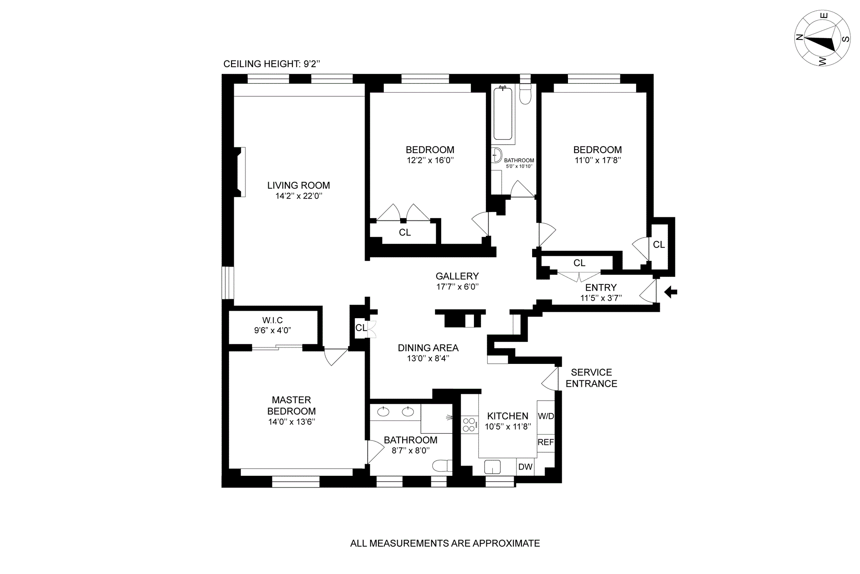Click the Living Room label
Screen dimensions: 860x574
(x=298, y=186)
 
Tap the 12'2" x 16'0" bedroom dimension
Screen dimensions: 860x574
(x=430, y=160)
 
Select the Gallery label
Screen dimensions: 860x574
(x=457, y=276)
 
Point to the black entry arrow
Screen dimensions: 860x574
(x=671, y=293)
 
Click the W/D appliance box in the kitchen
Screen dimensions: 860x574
(x=546, y=416)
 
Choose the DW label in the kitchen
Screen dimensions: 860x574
(x=525, y=467)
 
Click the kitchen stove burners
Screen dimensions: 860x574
(x=469, y=425)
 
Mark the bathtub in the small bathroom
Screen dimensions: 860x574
(x=503, y=114)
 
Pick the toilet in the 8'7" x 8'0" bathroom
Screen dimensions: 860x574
(x=442, y=466)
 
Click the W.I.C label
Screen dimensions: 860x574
(x=272, y=320)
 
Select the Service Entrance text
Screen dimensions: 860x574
(x=592, y=378)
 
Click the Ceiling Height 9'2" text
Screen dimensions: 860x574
(x=272, y=64)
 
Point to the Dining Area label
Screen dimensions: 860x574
(x=428, y=348)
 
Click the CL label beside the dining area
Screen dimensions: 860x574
(x=361, y=328)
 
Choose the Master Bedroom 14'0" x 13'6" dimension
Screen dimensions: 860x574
(x=292, y=422)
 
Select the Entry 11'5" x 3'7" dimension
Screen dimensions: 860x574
(x=601, y=298)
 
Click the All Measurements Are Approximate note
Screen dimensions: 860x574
(x=445, y=544)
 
